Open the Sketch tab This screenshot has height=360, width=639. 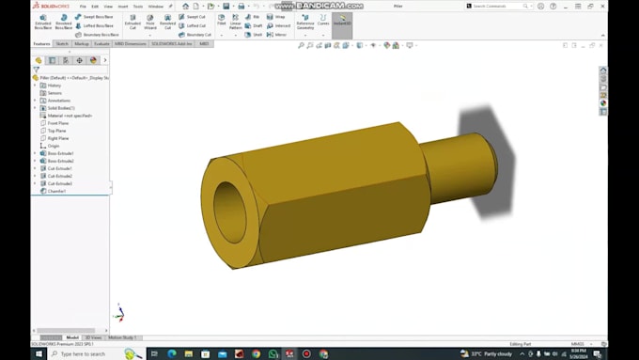(x=62, y=43)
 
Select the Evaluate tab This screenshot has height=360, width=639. (x=101, y=43)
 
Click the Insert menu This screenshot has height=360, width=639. (x=122, y=6)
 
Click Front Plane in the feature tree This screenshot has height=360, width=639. (x=57, y=123)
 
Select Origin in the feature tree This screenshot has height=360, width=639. (x=54, y=146)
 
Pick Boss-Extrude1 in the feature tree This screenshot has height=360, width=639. (x=60, y=153)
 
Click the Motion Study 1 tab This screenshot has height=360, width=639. (x=122, y=337)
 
